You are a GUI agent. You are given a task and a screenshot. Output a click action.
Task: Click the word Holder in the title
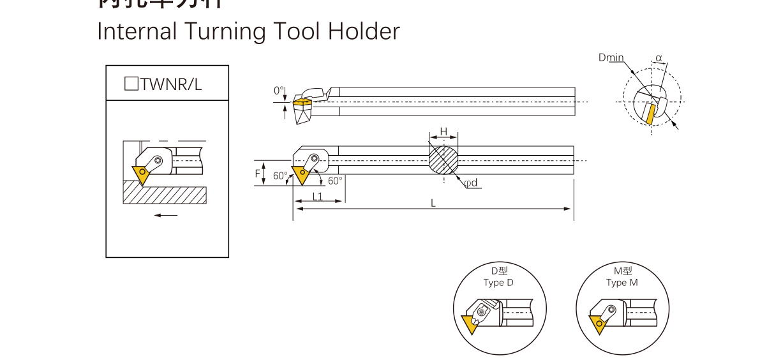(364, 31)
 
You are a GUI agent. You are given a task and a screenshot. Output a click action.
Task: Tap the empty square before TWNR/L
(131, 84)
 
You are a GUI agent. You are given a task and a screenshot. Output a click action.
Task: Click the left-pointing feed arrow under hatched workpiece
(166, 215)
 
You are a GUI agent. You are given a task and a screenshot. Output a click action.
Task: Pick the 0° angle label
(279, 91)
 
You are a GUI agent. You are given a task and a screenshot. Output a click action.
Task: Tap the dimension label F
(258, 173)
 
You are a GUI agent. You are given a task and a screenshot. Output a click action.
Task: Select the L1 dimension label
(317, 197)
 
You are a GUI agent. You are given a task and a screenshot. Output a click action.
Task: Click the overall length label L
(433, 203)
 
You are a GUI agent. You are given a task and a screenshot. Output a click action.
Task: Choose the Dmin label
(611, 57)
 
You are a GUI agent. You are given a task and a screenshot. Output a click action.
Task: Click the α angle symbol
(659, 58)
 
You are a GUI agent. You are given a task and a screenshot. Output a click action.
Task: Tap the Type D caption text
(498, 283)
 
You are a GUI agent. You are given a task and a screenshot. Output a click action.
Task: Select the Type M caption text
(622, 283)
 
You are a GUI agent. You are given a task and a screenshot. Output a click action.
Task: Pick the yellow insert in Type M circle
(599, 325)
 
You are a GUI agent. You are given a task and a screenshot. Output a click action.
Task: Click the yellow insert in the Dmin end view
(650, 114)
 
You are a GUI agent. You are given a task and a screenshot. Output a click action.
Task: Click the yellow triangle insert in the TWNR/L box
(140, 174)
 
